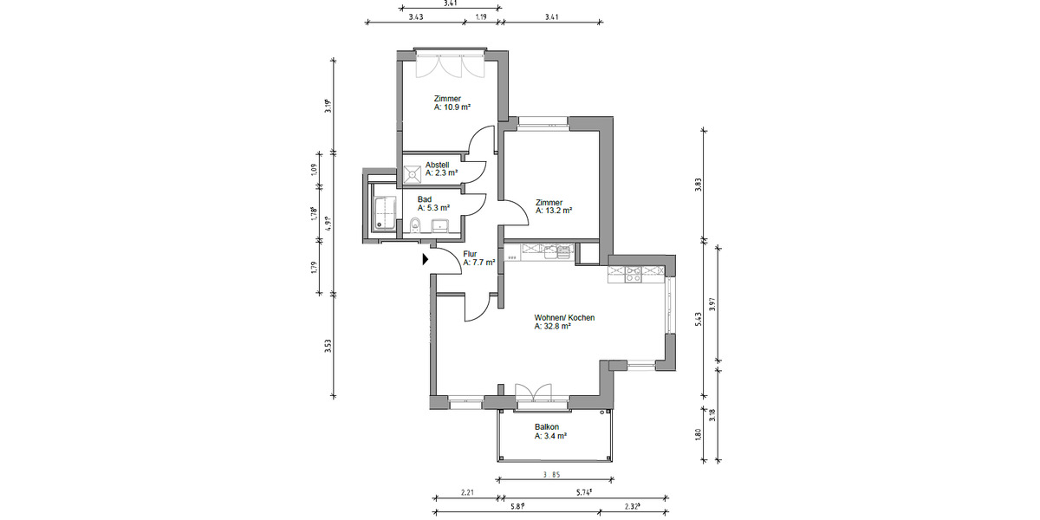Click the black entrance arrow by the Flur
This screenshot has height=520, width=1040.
pos(426,258)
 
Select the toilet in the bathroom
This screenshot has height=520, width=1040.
pos(415,227)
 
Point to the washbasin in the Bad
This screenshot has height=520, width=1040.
pos(439,227)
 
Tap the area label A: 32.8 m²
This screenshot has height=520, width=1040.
pos(552,327)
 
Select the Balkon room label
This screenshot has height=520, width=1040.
pos(547,427)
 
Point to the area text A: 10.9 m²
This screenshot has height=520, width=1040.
pos(452,107)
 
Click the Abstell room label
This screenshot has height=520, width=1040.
pos(438,164)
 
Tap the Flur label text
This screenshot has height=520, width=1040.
pos(471,253)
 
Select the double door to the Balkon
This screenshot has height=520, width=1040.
pos(533,393)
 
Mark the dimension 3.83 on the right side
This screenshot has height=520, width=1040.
pos(699,184)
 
